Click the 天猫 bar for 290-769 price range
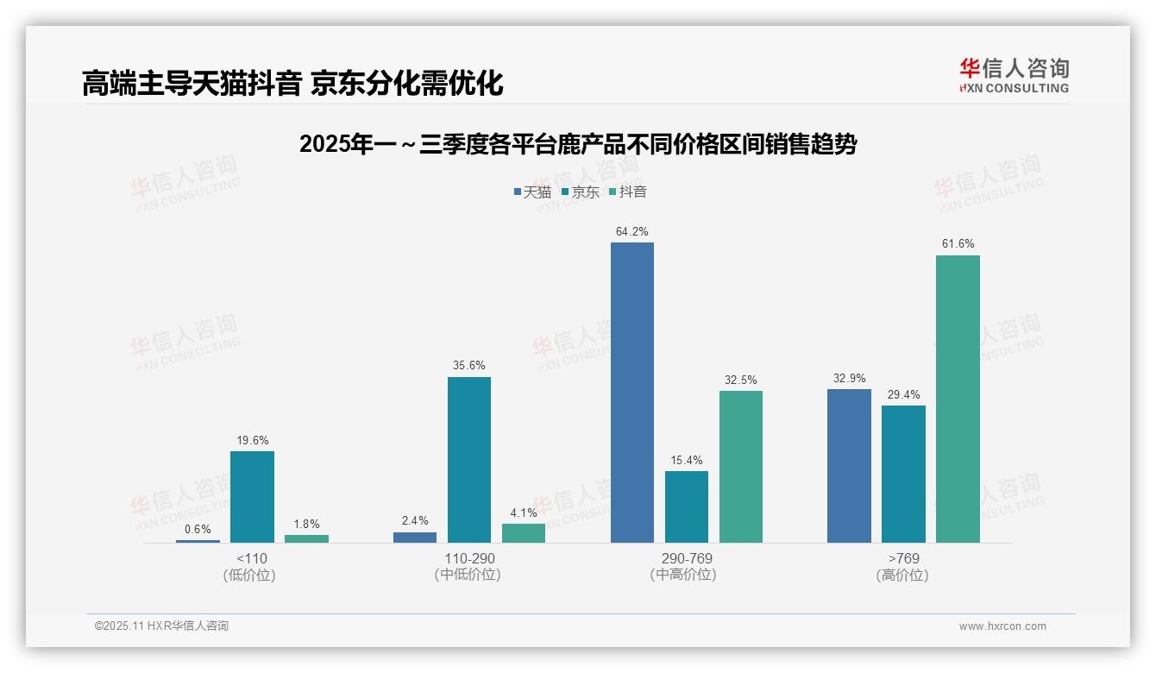coord(631,393)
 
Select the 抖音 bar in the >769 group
coord(958,399)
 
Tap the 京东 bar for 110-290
coord(468,460)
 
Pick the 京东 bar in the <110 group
coord(252,497)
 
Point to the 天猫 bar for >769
coord(849,466)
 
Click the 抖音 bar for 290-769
coord(740,467)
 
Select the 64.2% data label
coord(631,232)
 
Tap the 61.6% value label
coord(958,244)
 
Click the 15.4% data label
coord(686,461)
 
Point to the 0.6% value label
coord(198,530)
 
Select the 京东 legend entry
coord(580,192)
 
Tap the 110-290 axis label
coord(468,559)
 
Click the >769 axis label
coord(902,559)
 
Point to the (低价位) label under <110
coord(250,576)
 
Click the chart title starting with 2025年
coord(577,144)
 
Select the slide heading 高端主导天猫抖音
coord(292,84)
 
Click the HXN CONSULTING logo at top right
coord(1014,76)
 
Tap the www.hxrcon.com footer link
coord(1002,626)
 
